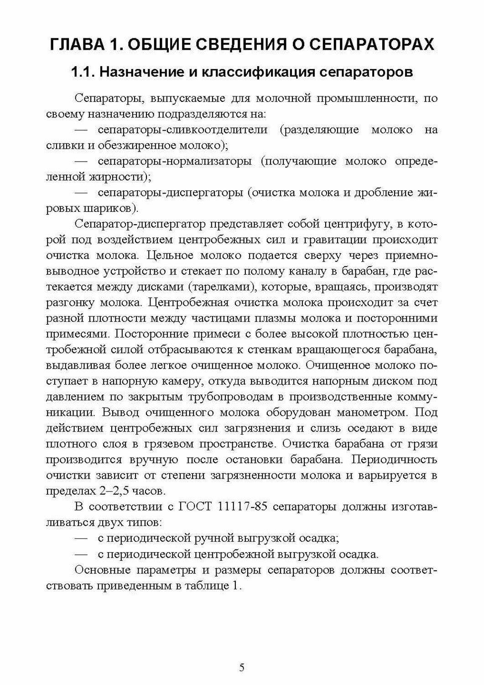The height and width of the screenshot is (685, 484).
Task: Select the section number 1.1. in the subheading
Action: click(x=83, y=72)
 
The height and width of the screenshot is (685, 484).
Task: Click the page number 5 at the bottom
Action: click(x=242, y=668)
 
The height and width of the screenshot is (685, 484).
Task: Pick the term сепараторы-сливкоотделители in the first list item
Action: click(x=182, y=130)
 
